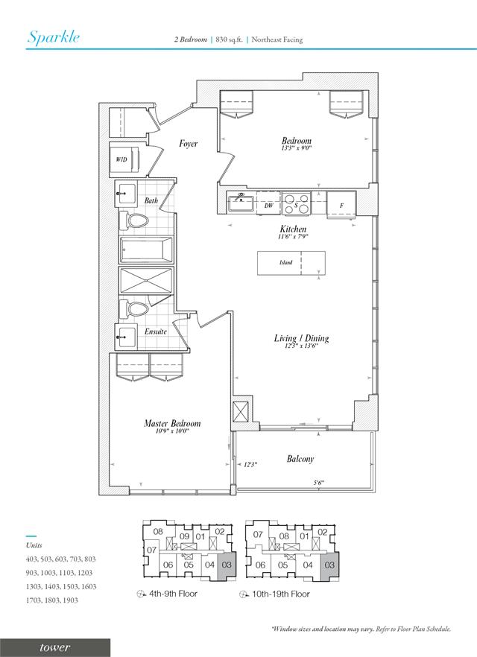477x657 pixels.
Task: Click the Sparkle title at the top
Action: pos(54,37)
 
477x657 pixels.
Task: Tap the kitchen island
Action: pos(291,263)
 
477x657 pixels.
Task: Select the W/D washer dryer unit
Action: pos(124,159)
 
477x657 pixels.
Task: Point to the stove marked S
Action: pos(297,203)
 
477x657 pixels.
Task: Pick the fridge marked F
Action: pos(341,206)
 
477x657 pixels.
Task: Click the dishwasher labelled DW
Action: pos(268,203)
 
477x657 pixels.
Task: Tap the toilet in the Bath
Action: pos(133,220)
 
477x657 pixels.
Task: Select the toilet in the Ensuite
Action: pos(133,309)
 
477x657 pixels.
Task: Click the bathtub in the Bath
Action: pos(146,250)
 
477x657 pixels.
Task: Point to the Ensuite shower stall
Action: pos(146,280)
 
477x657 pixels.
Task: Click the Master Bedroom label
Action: pos(172,423)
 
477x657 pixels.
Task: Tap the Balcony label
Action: pos(300,459)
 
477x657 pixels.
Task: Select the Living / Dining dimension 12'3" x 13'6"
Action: pos(301,346)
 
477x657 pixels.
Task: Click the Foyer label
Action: pos(189,144)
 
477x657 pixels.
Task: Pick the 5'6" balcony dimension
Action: pos(319,483)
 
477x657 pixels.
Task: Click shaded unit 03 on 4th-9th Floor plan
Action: pos(227,565)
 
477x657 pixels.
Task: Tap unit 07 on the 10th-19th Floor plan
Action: pos(258,534)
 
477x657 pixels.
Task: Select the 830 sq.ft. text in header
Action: pos(230,39)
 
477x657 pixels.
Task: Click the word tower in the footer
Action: pos(55,648)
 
